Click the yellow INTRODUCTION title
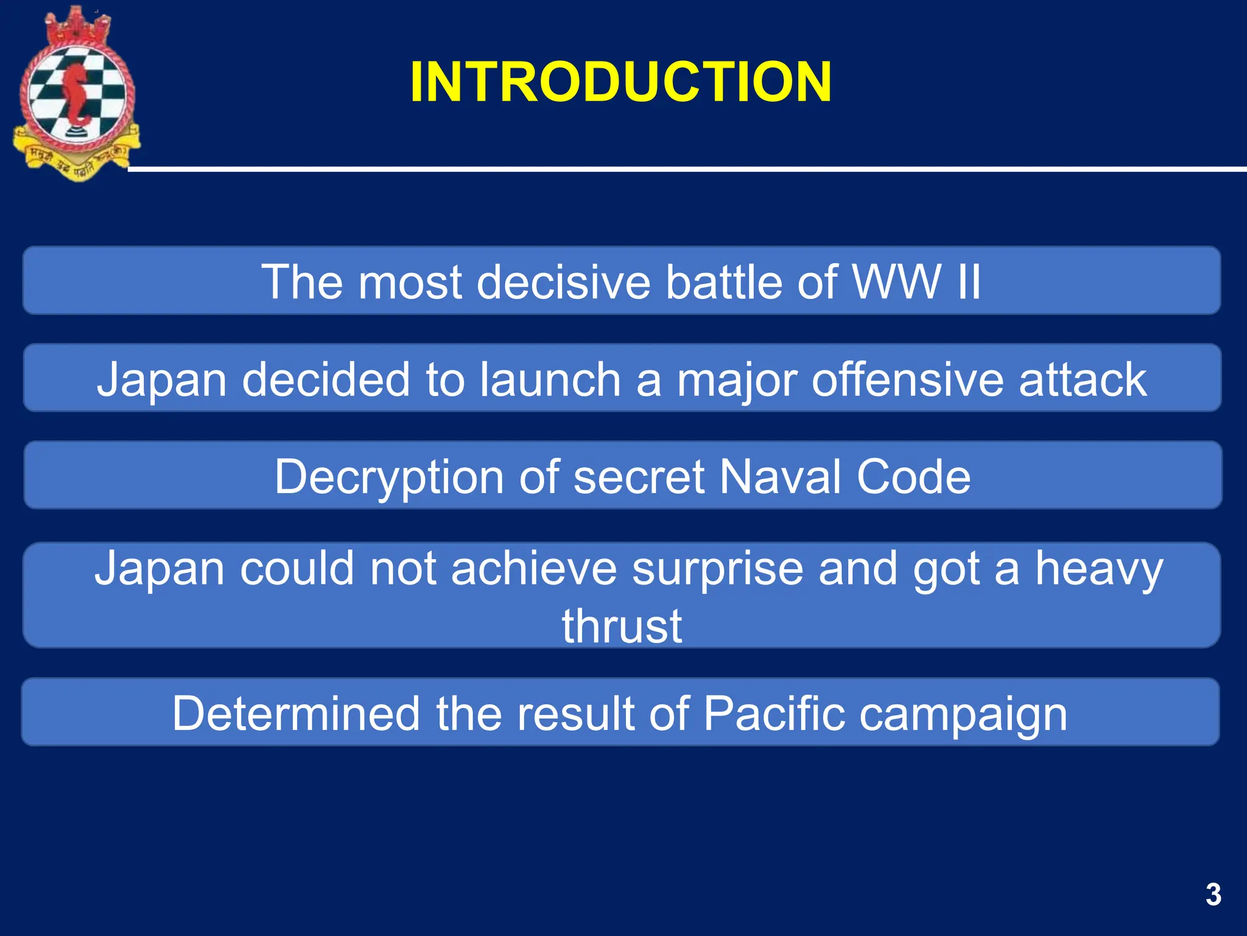(x=620, y=82)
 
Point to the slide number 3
(x=1213, y=895)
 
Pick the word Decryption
(x=388, y=477)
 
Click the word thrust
(x=622, y=626)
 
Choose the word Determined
(x=296, y=714)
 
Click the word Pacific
(x=774, y=714)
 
